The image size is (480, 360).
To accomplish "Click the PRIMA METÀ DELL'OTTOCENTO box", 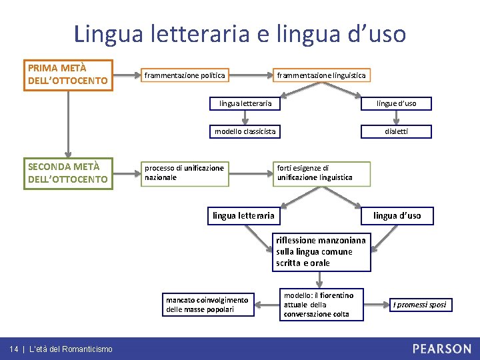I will (x=68, y=75).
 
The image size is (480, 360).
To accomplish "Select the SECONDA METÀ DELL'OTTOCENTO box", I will (x=68, y=173).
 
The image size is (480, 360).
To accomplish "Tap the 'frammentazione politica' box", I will (x=185, y=75).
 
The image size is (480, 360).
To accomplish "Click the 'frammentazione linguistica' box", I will (x=321, y=75).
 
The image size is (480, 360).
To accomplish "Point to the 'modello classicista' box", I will (x=245, y=131).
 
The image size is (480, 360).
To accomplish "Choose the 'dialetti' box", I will (x=396, y=131).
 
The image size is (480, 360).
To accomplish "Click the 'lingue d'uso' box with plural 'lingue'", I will (x=396, y=103).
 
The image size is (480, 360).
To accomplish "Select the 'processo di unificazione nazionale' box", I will (x=185, y=173).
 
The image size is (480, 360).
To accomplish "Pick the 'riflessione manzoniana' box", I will (x=321, y=251).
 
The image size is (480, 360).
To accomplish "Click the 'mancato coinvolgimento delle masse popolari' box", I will (x=207, y=305).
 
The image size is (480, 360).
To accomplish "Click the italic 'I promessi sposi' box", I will (x=419, y=305).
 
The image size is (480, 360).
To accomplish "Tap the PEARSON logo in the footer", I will (x=441, y=348).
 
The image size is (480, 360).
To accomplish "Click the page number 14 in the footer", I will (x=13, y=349).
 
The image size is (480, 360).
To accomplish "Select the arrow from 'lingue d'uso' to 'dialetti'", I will (x=396, y=117).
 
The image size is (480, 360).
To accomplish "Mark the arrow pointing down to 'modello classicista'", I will (x=245, y=117).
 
